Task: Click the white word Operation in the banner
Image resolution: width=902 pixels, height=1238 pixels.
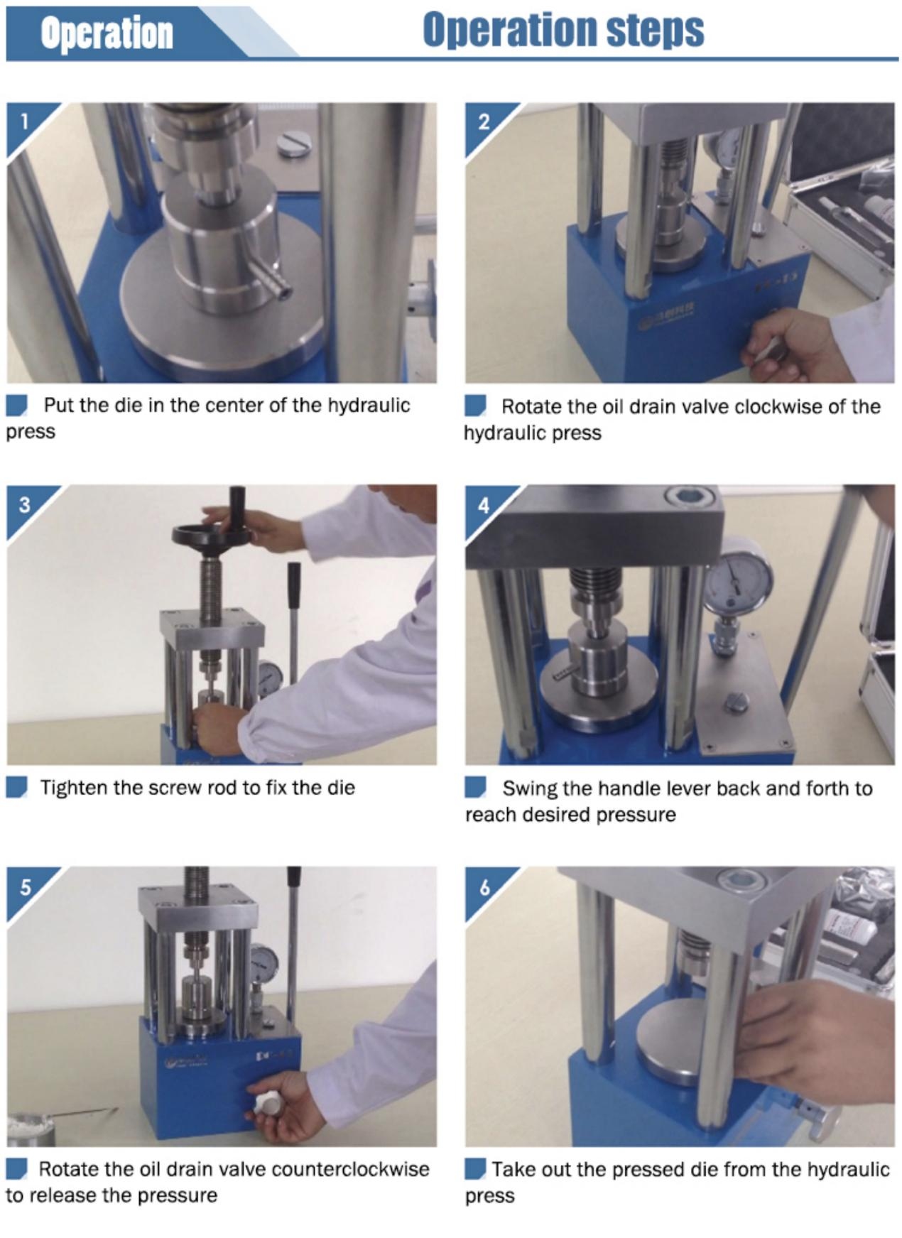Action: (107, 33)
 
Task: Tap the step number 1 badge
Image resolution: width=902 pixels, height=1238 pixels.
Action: (24, 121)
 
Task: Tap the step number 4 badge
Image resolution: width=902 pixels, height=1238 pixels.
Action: (484, 505)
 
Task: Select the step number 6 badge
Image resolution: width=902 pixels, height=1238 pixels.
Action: (484, 887)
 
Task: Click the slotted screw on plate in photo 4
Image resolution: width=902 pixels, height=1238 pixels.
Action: (736, 703)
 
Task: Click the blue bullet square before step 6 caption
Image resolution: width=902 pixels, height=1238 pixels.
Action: (475, 1168)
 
